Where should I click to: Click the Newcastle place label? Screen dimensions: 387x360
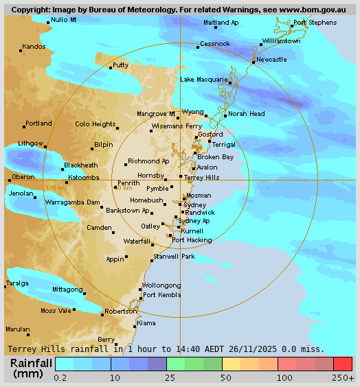pos(271,60)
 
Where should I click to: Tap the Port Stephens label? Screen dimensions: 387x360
pos(315,23)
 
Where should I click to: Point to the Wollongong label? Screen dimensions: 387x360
pos(161,285)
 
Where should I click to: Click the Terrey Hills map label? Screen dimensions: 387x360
pos(202,177)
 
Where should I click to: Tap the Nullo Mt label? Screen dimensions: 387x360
pos(64,20)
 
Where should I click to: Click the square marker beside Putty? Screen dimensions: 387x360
pos(111,67)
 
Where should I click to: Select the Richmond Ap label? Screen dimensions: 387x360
pos(148,161)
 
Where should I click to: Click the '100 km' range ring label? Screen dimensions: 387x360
pos(56,187)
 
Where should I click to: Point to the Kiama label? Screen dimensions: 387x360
pos(146,322)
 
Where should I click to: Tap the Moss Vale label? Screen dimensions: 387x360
pos(56,311)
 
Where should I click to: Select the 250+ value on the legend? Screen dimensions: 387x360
pos(343,377)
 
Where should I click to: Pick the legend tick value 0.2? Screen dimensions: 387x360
pos(60,377)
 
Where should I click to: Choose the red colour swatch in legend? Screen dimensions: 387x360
pos(343,364)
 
